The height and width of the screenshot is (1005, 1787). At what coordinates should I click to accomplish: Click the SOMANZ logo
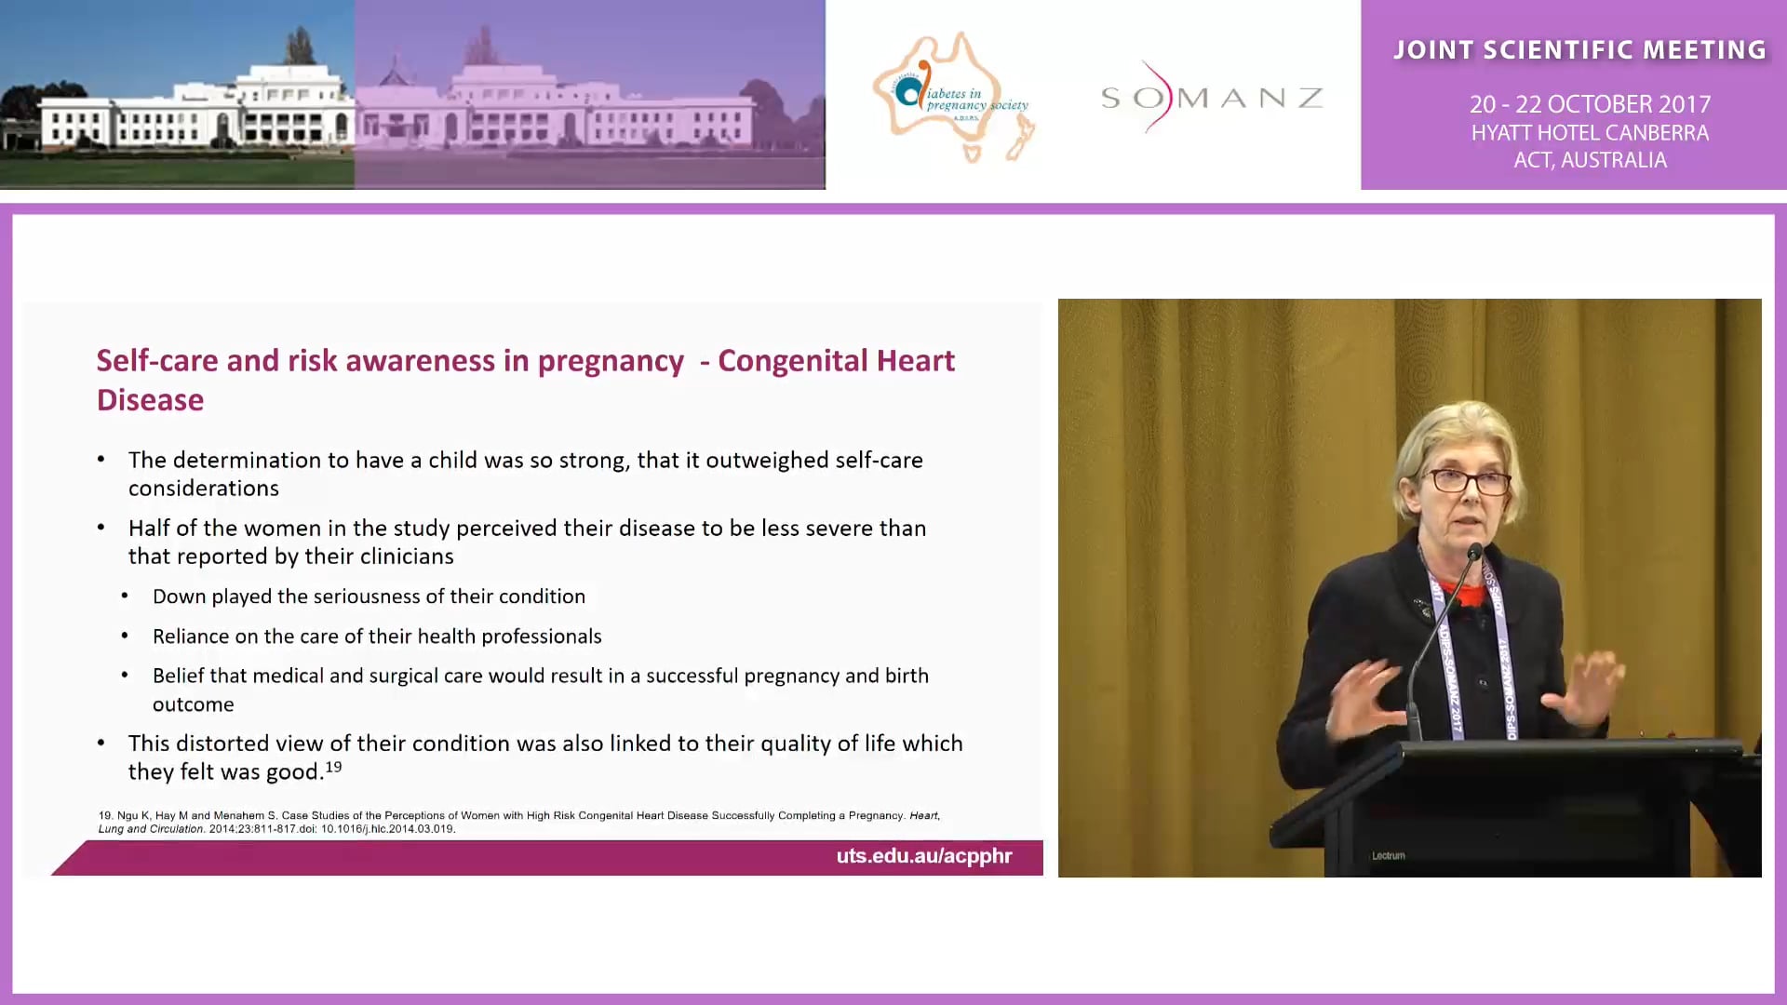click(x=1211, y=97)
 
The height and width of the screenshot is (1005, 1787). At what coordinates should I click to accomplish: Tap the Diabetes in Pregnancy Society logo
click(x=954, y=98)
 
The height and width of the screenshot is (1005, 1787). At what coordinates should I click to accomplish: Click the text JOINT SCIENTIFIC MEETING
click(x=1579, y=50)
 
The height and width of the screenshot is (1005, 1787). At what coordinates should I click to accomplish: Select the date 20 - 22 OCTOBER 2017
click(x=1590, y=104)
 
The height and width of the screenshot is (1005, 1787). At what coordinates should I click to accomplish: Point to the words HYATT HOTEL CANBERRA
click(x=1590, y=133)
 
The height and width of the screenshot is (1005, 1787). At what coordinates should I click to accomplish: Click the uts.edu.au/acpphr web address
click(x=923, y=856)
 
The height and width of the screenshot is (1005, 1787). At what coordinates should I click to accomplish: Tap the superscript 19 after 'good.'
click(x=333, y=767)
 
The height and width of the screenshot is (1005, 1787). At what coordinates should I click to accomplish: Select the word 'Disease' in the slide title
click(x=150, y=400)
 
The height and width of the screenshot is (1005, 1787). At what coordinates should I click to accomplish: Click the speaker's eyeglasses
click(x=1470, y=481)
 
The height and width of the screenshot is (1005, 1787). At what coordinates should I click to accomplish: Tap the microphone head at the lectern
click(x=1474, y=554)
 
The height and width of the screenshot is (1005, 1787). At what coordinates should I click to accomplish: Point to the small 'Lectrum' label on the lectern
click(x=1388, y=855)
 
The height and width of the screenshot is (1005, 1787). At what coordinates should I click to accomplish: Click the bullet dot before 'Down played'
click(x=126, y=596)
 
